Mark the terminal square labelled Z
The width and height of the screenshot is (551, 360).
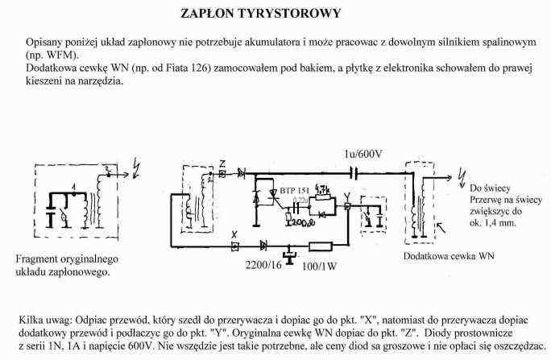223,173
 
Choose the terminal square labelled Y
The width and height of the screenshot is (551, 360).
346,206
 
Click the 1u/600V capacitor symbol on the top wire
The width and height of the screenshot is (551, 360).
354,172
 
